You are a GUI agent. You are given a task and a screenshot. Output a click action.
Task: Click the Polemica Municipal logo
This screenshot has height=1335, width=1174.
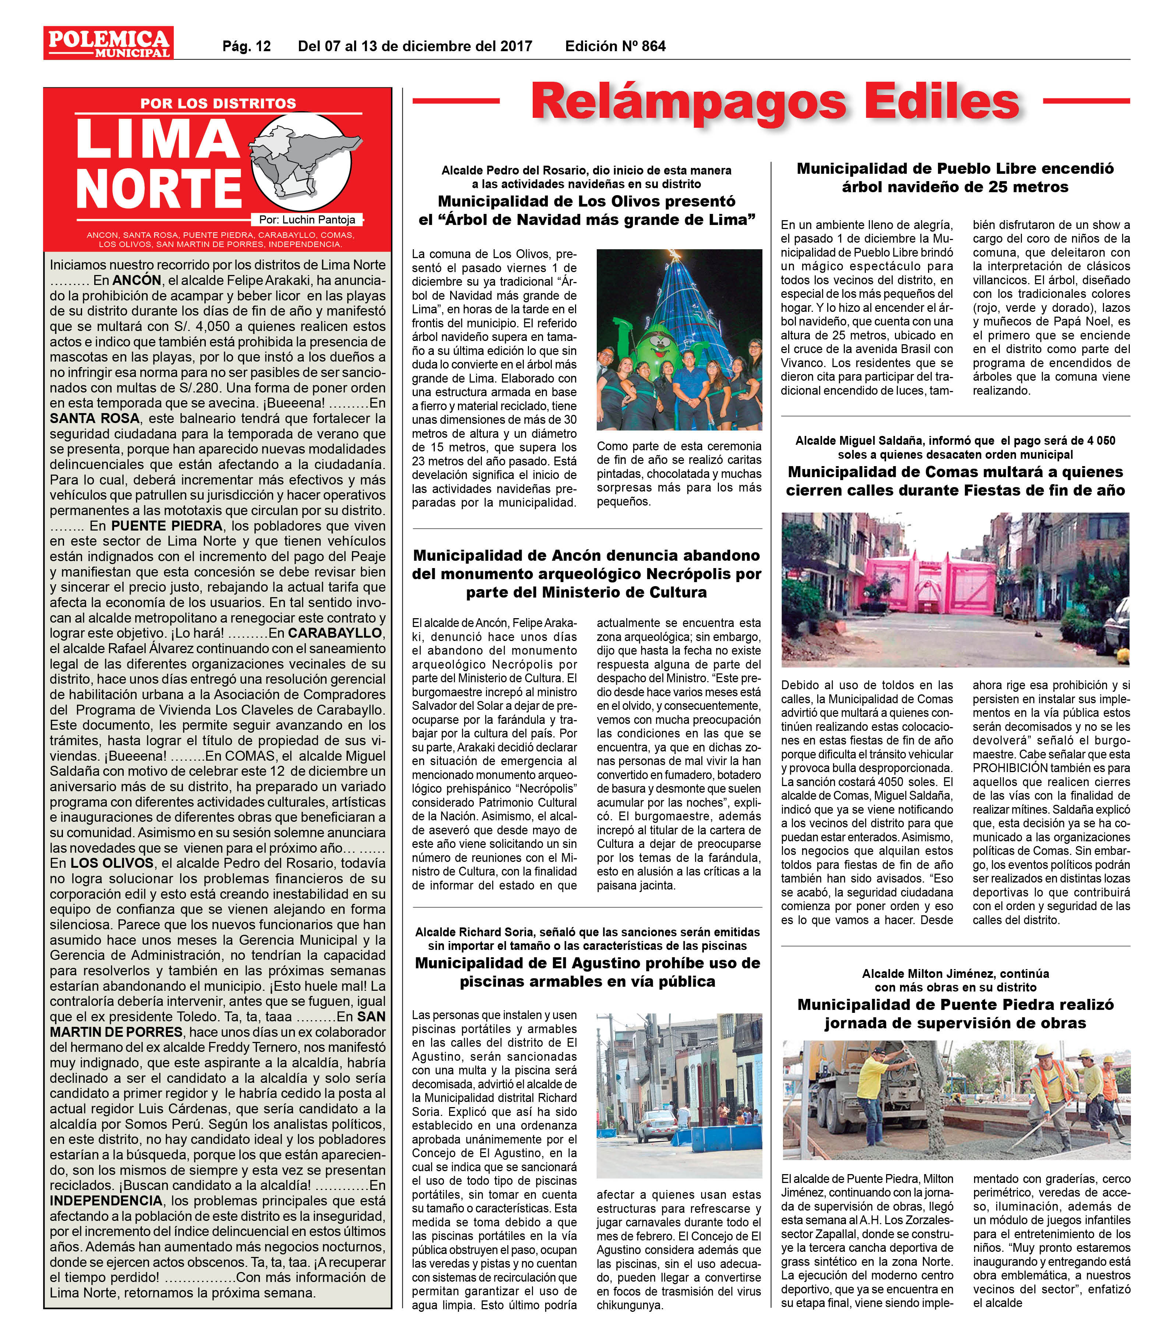click(x=108, y=43)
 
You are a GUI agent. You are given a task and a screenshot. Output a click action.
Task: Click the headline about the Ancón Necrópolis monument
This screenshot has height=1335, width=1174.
click(x=586, y=574)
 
